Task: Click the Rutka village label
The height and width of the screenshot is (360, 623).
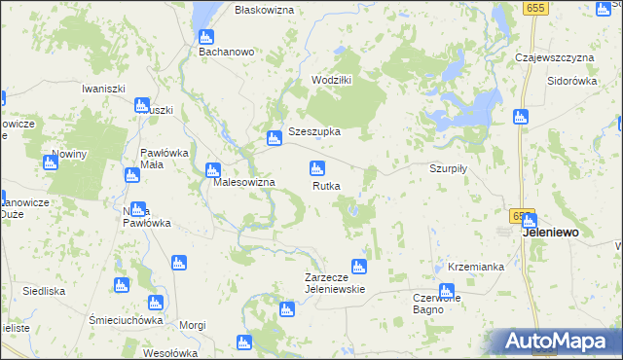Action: coord(326,186)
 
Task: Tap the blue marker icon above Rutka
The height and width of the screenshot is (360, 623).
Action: coord(316,168)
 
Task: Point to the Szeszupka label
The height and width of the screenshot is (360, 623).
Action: coord(313,132)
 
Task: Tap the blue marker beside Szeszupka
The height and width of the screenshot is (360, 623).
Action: coord(275,139)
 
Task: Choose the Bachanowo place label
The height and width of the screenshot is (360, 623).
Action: coord(226,52)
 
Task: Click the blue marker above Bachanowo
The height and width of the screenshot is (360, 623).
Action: coord(207,35)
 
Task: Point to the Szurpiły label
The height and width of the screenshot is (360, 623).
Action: coord(449,167)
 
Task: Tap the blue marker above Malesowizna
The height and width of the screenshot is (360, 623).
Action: coord(212,170)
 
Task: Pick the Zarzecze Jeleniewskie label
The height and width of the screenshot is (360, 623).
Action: coord(334,283)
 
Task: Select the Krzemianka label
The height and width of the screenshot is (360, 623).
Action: coord(476,266)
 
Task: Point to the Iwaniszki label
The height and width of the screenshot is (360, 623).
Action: coord(105,89)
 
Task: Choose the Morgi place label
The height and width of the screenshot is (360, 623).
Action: coord(193,325)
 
